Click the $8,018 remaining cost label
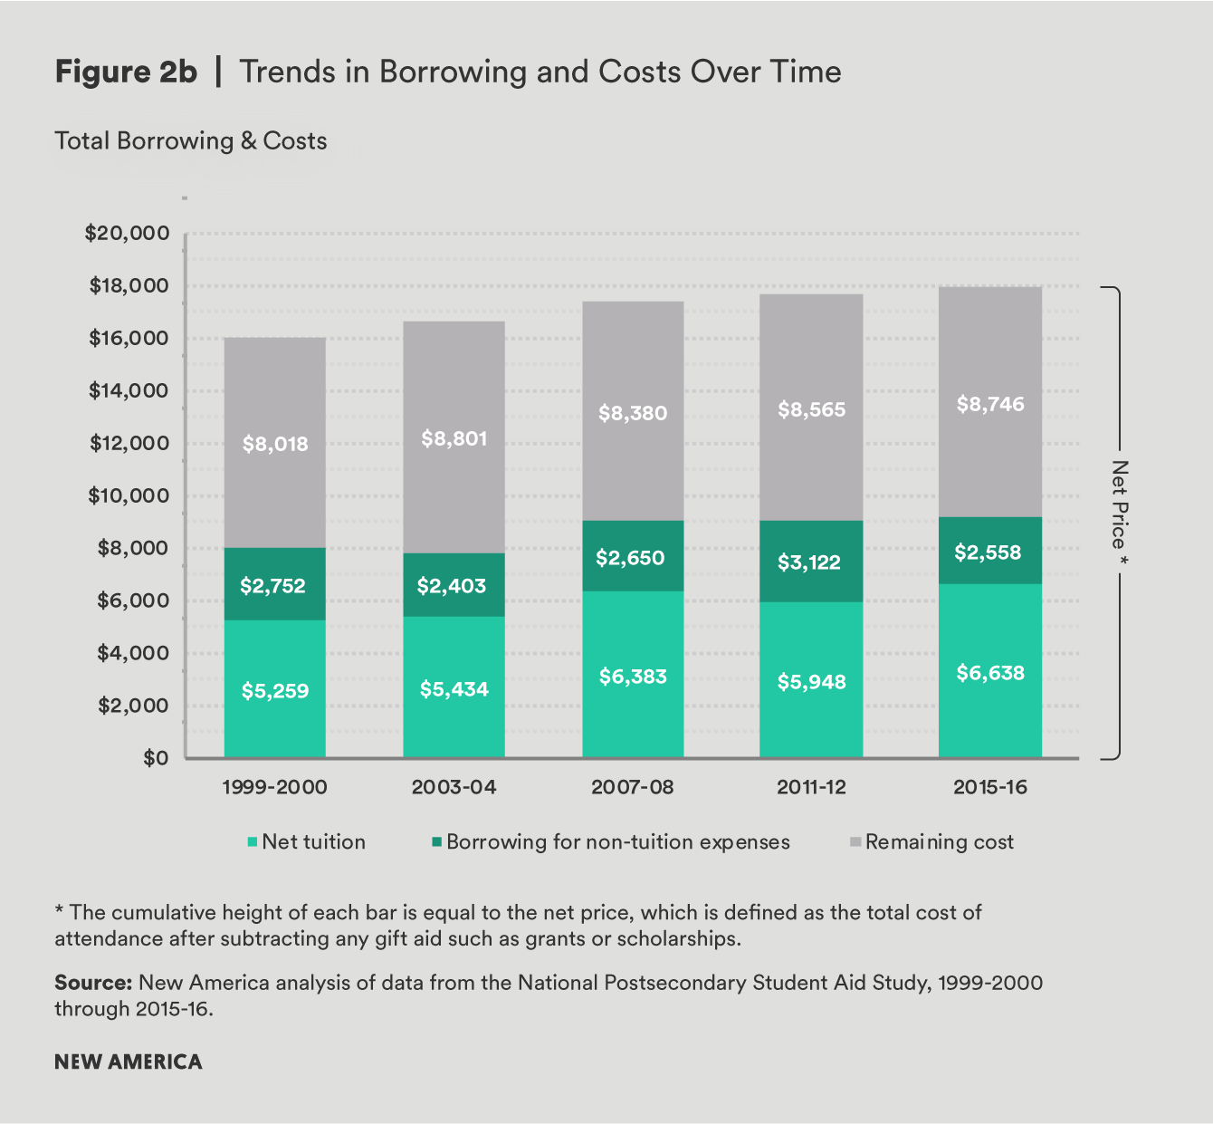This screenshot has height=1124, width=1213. [275, 444]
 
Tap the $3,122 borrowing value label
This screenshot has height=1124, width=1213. [809, 562]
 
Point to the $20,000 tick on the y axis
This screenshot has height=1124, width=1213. [128, 234]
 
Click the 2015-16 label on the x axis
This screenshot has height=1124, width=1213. [990, 787]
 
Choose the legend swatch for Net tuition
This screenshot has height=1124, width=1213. [253, 842]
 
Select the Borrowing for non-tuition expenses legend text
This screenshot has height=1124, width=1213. [617, 842]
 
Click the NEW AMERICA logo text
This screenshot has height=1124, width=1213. [129, 1062]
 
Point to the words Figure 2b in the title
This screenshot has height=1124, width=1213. [126, 72]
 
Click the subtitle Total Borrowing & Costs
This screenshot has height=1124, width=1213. [190, 141]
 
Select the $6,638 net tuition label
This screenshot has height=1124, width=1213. [990, 673]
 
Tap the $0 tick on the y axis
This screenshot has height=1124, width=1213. [156, 758]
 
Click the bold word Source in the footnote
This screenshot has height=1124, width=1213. [92, 983]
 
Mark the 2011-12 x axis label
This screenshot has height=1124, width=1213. [811, 787]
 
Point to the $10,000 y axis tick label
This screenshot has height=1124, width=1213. [129, 495]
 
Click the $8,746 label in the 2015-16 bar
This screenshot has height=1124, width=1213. [990, 404]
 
